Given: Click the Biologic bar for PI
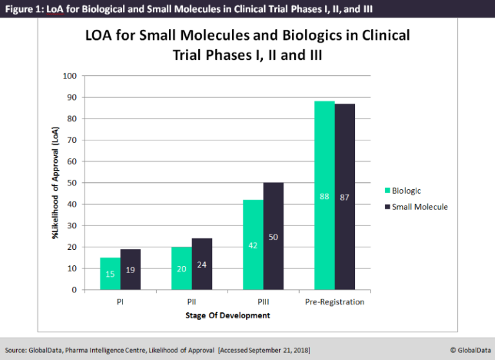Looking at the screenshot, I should pos(110,274).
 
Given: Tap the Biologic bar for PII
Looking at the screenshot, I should pos(182,269).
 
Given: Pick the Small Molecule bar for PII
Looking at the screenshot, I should pos(202,264).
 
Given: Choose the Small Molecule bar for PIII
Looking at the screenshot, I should pos(273,236).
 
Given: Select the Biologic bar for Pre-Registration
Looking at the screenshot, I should pos(324,196).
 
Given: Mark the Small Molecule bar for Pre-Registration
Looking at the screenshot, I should pos(345,196).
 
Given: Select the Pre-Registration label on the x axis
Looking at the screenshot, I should pos(335,301).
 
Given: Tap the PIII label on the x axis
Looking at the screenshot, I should pos(263,301).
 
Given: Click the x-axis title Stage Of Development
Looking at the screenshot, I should pos(228,316).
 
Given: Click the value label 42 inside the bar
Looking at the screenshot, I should pos(253,245).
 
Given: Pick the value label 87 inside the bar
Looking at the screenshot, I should pos(345,197).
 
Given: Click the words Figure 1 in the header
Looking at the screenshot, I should pos(22,8).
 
